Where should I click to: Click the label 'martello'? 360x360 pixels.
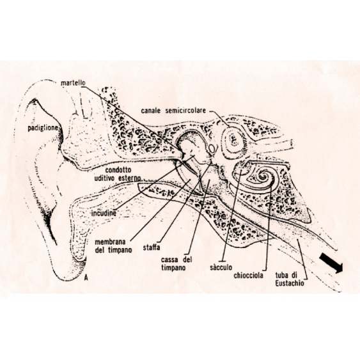tap(73, 83)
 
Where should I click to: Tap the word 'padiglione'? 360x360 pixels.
tap(43, 128)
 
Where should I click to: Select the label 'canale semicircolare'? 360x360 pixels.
tap(173, 111)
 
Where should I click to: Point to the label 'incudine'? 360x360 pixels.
tap(104, 214)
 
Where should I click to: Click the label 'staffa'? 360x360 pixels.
tap(152, 247)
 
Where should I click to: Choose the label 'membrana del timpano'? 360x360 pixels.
tap(113, 246)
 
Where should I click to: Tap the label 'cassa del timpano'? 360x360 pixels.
tap(176, 263)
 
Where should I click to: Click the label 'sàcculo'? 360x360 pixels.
tap(221, 267)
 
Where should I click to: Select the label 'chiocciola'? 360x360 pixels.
tap(248, 276)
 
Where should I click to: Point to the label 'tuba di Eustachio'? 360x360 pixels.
tap(290, 279)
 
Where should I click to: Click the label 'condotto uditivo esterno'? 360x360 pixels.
tap(118, 174)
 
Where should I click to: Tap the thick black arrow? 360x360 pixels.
tap(331, 263)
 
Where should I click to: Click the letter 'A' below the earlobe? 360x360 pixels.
tap(86, 278)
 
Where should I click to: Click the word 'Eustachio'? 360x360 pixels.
tap(290, 283)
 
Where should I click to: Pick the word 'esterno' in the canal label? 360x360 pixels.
tap(130, 178)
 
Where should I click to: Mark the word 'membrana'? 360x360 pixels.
tap(110, 242)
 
